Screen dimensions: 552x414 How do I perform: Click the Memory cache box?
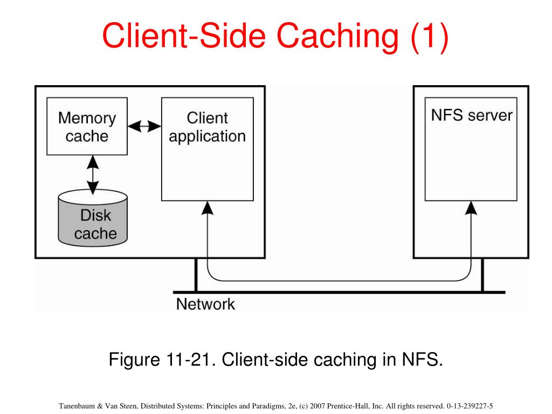(x=87, y=126)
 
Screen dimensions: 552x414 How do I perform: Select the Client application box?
(x=208, y=149)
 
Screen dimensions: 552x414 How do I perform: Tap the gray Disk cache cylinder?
(x=93, y=218)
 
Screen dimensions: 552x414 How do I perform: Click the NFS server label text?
(x=471, y=115)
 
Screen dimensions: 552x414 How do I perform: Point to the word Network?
(x=205, y=304)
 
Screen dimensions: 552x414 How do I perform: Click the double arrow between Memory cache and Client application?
(x=144, y=126)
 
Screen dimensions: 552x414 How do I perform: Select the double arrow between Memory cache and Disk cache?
(x=93, y=175)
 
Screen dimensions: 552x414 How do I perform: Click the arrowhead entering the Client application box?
(x=208, y=208)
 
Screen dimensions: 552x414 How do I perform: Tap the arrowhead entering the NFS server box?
(x=471, y=208)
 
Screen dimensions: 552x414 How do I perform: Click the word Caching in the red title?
(x=337, y=36)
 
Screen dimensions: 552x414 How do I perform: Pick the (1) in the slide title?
(x=429, y=36)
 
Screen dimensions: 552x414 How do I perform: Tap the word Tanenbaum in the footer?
(x=77, y=406)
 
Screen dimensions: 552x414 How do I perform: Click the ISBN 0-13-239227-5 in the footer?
(x=470, y=406)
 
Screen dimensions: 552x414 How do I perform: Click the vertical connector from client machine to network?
(x=196, y=275)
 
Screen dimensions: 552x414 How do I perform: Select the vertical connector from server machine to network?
(x=482, y=275)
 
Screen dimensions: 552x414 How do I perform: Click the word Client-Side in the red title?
(x=183, y=36)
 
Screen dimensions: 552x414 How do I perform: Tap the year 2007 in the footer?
(x=317, y=406)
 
